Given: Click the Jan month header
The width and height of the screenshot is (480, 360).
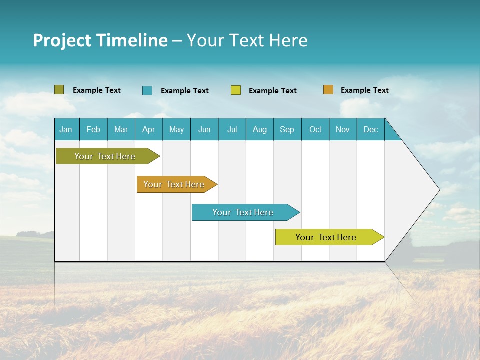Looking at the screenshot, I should point(66,129).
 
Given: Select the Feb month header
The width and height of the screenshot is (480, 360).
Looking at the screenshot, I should point(93,129).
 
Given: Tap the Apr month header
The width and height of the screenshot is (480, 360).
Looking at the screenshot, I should point(148,129).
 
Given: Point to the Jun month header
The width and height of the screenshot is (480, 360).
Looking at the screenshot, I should point(204,129).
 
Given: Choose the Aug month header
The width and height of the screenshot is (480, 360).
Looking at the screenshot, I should point(259,129).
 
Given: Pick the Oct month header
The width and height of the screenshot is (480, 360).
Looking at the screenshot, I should point(315,129).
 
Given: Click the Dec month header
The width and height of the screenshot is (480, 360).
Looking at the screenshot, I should point(370,129).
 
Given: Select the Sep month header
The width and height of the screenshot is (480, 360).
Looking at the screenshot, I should point(287,129).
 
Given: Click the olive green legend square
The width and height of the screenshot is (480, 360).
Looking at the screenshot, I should point(59,90).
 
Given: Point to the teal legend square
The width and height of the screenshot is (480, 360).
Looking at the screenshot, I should point(147,90).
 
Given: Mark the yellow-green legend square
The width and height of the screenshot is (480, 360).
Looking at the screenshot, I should point(236,90).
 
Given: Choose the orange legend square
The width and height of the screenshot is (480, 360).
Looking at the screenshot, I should point(328,90).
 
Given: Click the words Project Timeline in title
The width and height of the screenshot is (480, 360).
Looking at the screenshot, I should point(100,40).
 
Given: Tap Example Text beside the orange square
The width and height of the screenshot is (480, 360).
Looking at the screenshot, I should point(364,90).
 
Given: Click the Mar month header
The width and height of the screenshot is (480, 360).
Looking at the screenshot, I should point(121,129).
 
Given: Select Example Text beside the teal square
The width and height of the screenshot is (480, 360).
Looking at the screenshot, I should point(184,91).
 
